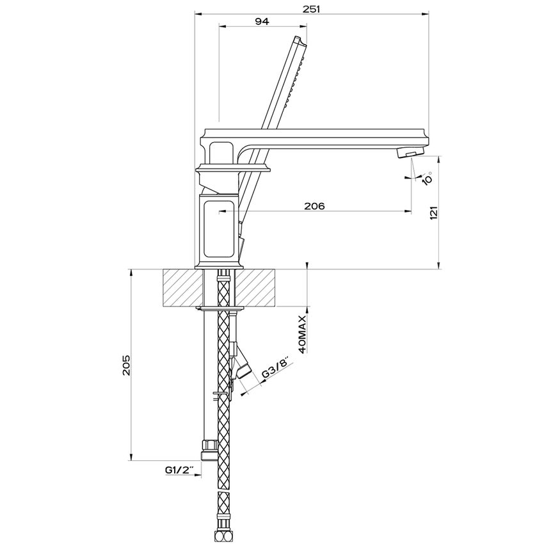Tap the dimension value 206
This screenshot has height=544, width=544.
[x=314, y=206]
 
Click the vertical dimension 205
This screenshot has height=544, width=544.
[x=126, y=364]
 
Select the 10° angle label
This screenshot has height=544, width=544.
[x=427, y=177]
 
